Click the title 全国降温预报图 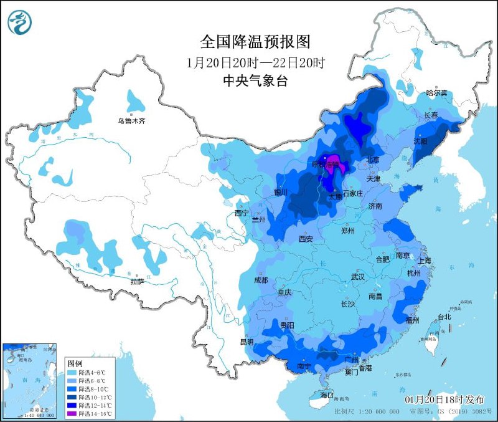click(x=255, y=42)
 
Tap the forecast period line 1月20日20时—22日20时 click(x=255, y=63)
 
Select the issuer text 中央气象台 click(x=255, y=81)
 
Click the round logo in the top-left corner click(x=19, y=22)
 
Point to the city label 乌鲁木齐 click(x=132, y=121)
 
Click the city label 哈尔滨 click(x=436, y=93)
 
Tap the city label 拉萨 click(x=138, y=282)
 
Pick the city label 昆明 click(x=247, y=342)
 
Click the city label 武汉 click(x=358, y=276)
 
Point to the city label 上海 click(x=425, y=261)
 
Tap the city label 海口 click(x=327, y=395)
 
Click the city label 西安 click(x=306, y=238)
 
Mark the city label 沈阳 click(x=421, y=141)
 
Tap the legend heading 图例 click(x=75, y=363)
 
